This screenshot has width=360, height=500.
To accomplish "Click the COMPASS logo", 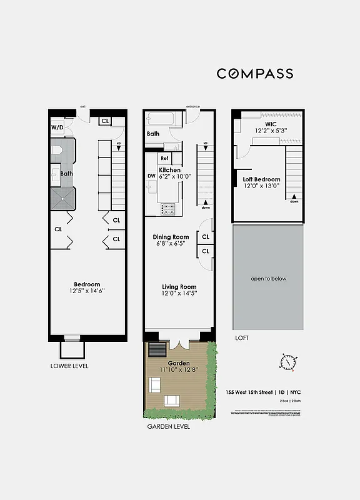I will [x=255, y=74].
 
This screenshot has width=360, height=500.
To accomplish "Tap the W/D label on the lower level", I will [x=57, y=127].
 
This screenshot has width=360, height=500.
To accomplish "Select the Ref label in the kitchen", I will [x=164, y=159].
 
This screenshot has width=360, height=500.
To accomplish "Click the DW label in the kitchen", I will [x=151, y=176].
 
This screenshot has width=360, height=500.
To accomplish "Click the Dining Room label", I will [x=171, y=237].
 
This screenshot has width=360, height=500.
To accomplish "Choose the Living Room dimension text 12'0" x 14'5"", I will [x=179, y=294].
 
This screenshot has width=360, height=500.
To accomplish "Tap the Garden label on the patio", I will [x=178, y=363].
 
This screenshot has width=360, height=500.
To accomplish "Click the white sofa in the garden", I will [x=172, y=401].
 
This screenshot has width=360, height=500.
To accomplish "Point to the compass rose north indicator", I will [x=288, y=362].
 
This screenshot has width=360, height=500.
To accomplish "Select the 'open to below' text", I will [x=268, y=279].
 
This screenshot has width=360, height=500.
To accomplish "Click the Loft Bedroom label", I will [x=262, y=179].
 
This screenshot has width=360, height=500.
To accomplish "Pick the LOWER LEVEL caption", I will [x=69, y=366].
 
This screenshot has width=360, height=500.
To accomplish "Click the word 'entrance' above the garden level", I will [x=192, y=107].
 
